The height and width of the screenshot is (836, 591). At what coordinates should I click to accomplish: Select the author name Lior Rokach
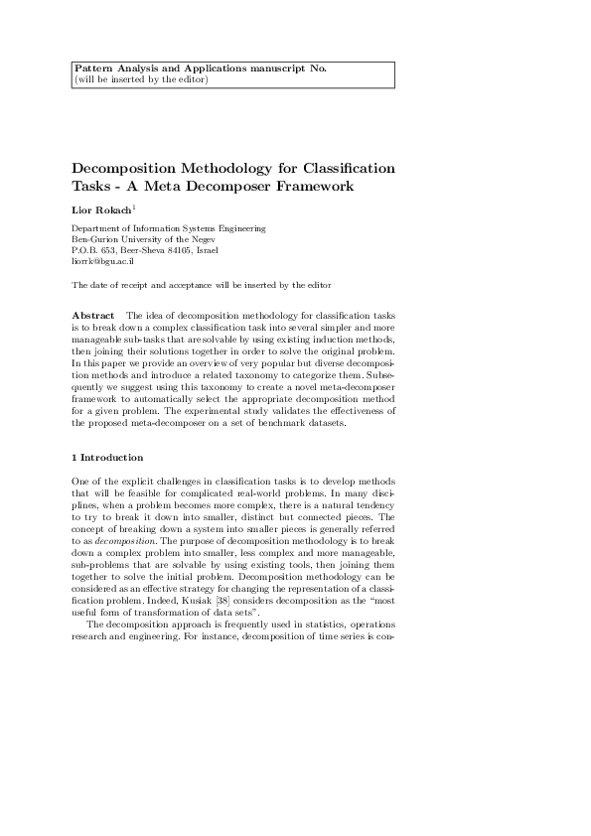click(101, 210)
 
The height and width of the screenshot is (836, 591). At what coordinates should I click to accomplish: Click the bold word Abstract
click(93, 315)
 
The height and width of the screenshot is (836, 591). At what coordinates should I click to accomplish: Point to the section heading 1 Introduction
click(107, 458)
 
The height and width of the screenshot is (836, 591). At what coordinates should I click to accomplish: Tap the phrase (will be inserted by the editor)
click(141, 79)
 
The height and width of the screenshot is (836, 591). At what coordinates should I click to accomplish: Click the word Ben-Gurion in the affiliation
click(98, 239)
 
